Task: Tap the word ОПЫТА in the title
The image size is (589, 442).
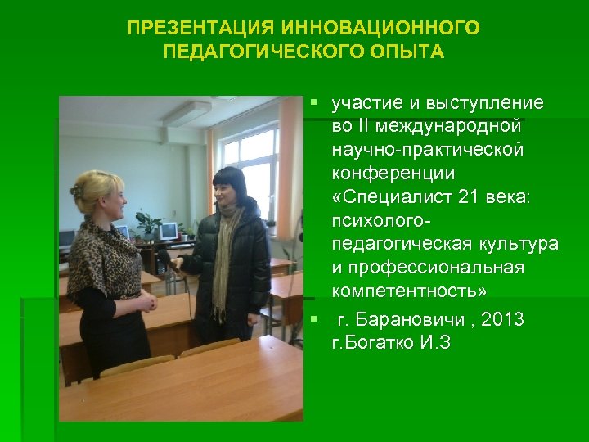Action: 407,52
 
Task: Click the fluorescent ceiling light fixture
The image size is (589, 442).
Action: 187,115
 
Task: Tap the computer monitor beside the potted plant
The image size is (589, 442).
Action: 168,232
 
